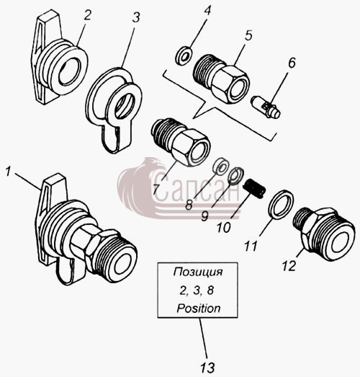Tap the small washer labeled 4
click(x=184, y=56)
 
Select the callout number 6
click(x=292, y=63)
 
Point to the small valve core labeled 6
click(x=266, y=107)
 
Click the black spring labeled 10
click(x=254, y=188)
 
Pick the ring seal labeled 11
click(x=281, y=205)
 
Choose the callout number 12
click(x=289, y=266)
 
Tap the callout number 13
click(x=207, y=368)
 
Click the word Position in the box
click(x=199, y=309)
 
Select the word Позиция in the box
click(x=198, y=272)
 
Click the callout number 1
click(x=9, y=172)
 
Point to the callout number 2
click(x=87, y=15)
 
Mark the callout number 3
click(x=136, y=17)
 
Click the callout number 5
click(x=248, y=35)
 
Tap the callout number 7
click(x=156, y=190)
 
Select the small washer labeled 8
click(x=220, y=166)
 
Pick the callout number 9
click(x=204, y=216)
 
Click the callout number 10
click(x=224, y=227)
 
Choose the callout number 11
click(x=251, y=247)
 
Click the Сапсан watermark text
click(x=196, y=187)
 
